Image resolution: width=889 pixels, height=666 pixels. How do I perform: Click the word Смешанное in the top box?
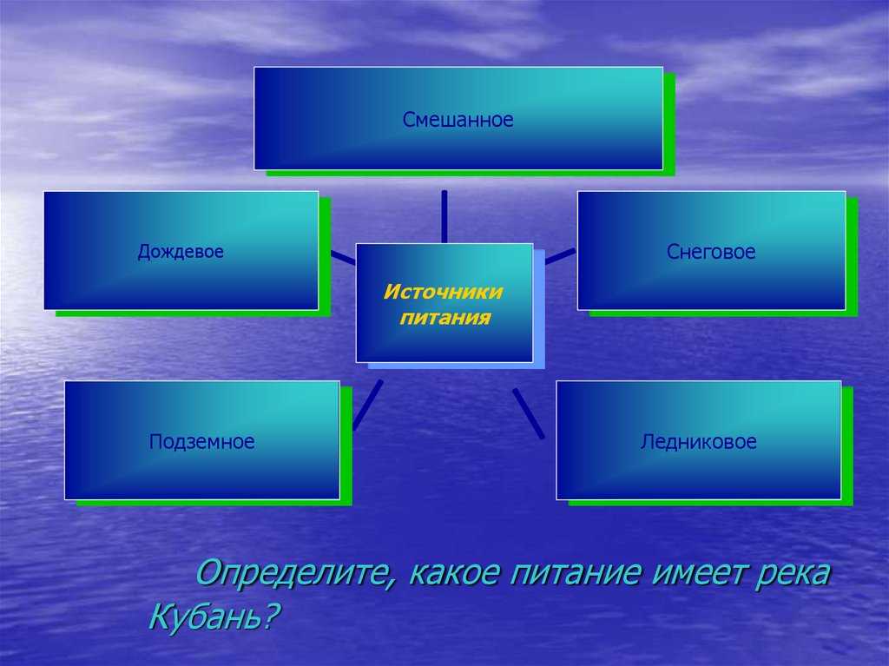coord(458,120)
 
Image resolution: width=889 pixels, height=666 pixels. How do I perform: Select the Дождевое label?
coord(181,251)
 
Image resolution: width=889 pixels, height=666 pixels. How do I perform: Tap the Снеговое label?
coord(711,251)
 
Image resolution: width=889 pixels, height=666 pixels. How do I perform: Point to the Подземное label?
coord(201,441)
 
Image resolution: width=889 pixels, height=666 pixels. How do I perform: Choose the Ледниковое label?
coord(699,441)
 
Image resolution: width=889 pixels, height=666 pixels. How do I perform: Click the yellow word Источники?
coord(444,292)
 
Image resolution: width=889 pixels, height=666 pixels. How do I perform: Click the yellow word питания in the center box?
coord(445,317)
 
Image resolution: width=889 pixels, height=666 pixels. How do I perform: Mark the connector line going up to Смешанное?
coord(444,217)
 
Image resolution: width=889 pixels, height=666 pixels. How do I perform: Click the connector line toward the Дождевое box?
coord(343,258)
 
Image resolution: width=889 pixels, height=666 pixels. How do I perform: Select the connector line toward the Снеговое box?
coord(560,256)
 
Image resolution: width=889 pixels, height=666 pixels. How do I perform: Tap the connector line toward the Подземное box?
coord(367,405)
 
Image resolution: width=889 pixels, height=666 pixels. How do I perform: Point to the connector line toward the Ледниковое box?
coord(529,413)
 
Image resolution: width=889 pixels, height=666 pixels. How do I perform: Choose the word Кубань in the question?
coord(205,617)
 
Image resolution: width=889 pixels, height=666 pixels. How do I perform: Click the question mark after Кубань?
coord(271,617)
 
